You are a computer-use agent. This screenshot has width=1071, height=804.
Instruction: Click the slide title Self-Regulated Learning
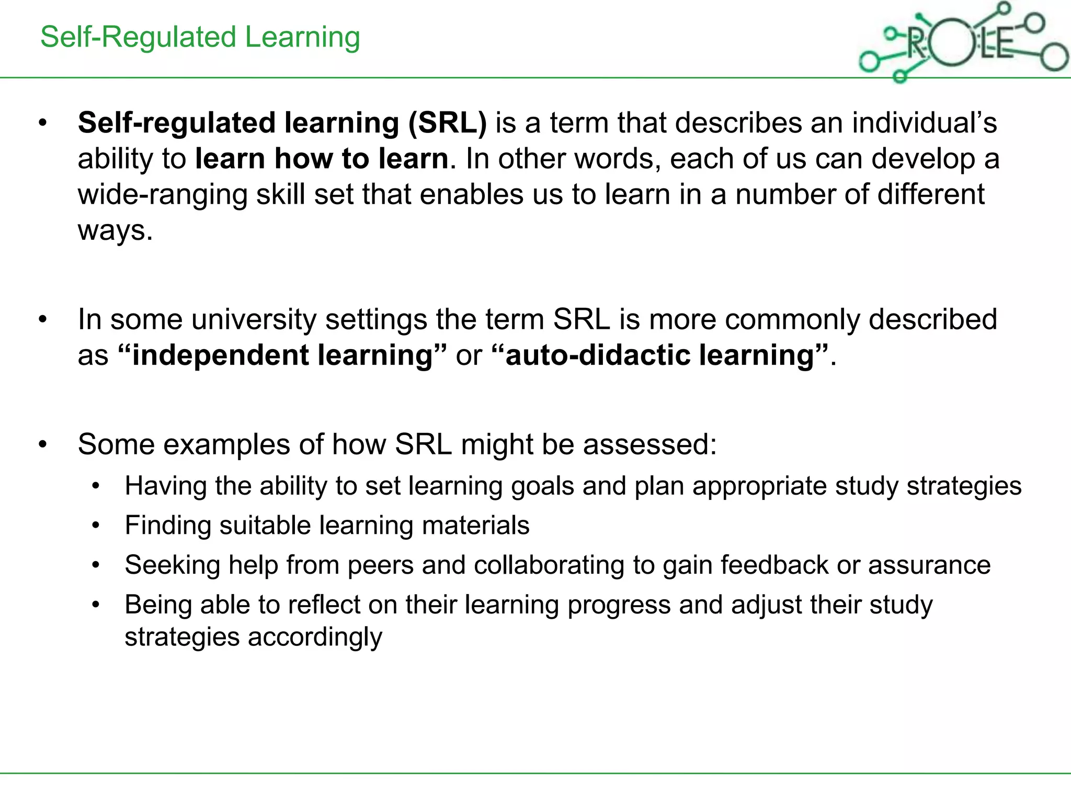(200, 38)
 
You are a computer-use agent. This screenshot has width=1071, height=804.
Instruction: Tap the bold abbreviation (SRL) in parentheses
(448, 123)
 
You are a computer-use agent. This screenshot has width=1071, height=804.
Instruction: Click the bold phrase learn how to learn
(322, 159)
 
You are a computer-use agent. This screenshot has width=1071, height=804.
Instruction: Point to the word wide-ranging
(162, 195)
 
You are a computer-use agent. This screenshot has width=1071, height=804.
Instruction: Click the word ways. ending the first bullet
(115, 230)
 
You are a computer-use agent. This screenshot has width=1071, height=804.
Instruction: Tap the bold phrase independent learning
(282, 355)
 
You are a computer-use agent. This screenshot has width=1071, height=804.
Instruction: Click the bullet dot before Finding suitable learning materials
(96, 526)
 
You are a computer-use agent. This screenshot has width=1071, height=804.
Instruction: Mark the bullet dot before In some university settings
(43, 319)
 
